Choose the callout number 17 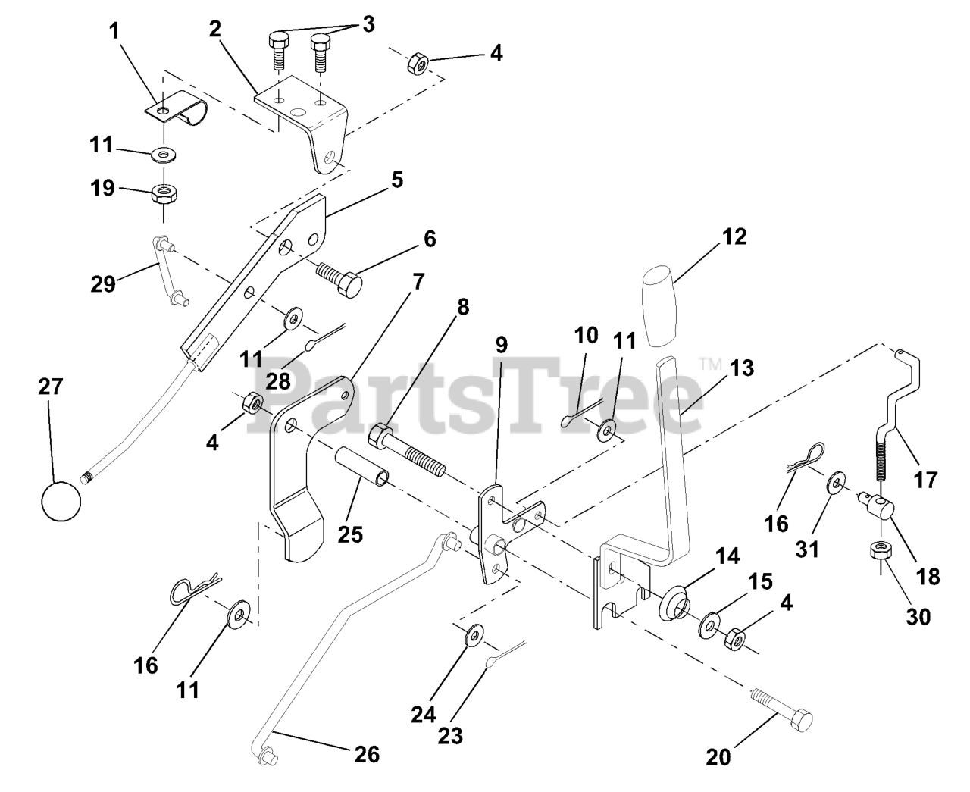(x=925, y=479)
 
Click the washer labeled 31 (x=837, y=483)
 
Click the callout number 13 (x=742, y=368)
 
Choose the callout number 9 (x=501, y=345)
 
